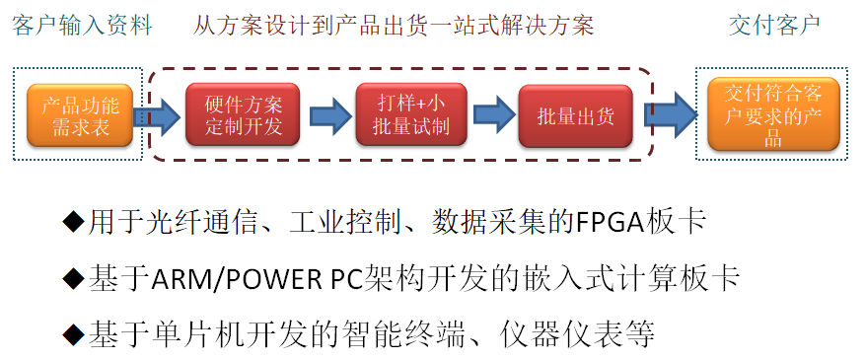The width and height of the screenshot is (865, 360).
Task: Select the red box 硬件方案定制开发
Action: pyautogui.click(x=243, y=116)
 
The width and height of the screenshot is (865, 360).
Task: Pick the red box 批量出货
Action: pyautogui.click(x=576, y=116)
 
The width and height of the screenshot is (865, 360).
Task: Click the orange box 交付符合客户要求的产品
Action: pyautogui.click(x=773, y=116)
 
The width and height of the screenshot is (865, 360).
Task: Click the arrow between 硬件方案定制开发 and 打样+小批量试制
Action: pyautogui.click(x=328, y=116)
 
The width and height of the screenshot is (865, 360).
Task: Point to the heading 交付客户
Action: pyautogui.click(x=774, y=26)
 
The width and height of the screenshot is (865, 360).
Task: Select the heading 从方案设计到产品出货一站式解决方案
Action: pyautogui.click(x=395, y=26)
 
